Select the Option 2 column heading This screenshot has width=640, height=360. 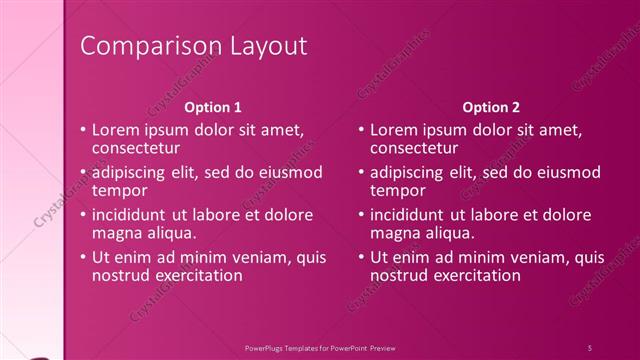point(491,106)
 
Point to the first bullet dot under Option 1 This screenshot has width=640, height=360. point(83,131)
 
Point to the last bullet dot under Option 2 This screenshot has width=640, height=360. point(362,257)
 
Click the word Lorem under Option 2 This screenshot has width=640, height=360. point(393,130)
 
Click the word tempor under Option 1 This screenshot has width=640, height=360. point(119,190)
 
